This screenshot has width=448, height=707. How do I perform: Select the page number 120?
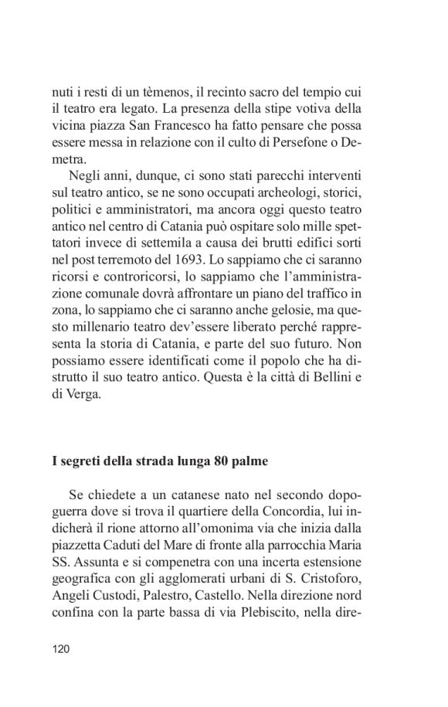(x=62, y=649)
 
